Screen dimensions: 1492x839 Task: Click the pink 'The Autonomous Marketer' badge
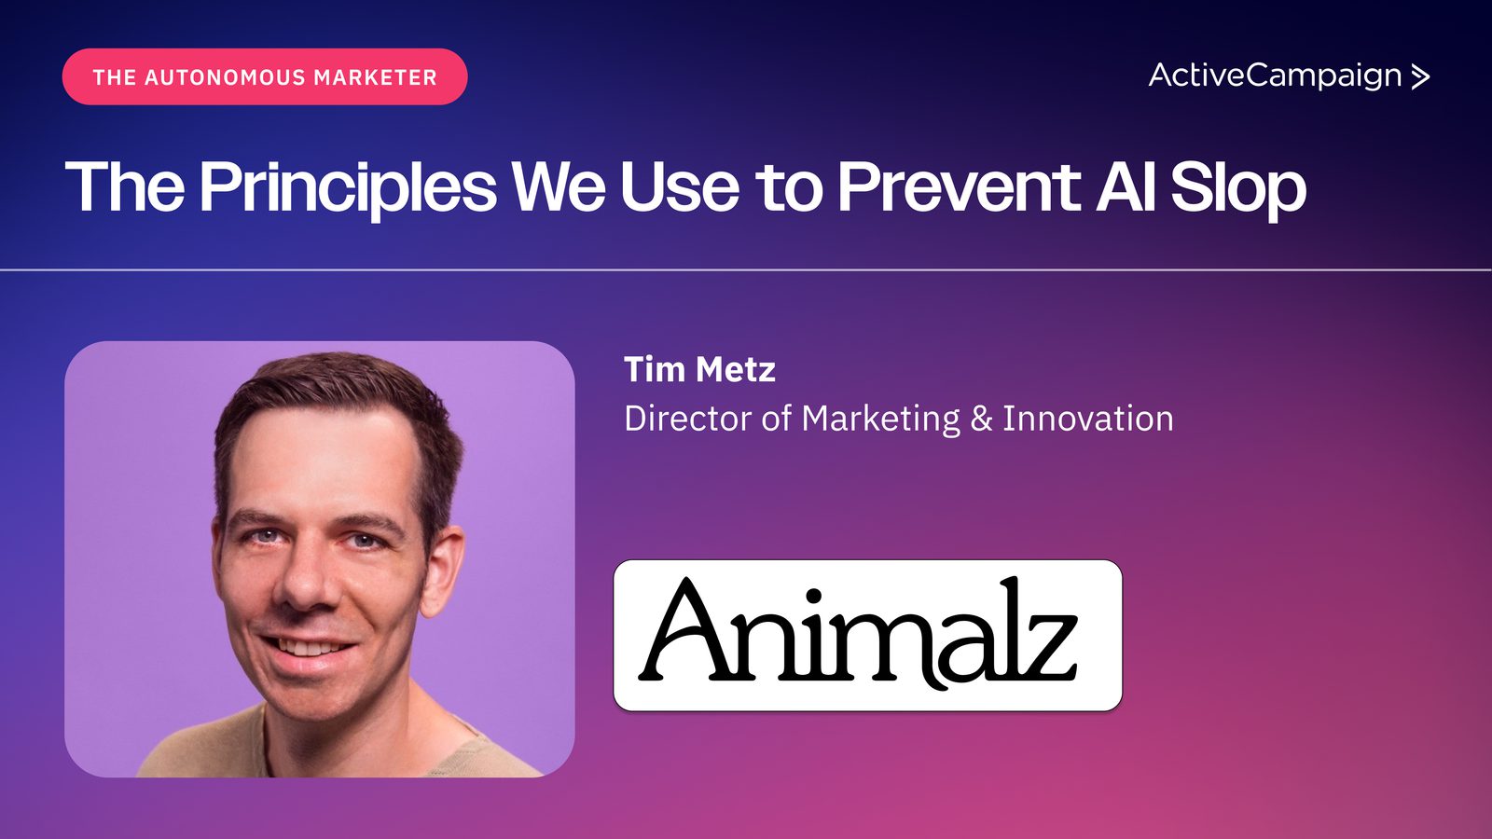(265, 76)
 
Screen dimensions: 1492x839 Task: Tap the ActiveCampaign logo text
(1275, 76)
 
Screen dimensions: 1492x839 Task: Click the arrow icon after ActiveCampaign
(1420, 76)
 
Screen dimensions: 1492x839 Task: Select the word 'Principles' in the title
(348, 187)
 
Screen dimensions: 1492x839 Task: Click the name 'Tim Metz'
(700, 369)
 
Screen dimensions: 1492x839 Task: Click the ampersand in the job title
(981, 419)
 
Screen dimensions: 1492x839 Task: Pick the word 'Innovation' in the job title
(1087, 419)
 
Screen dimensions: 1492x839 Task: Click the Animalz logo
(868, 635)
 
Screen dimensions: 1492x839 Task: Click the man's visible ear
(443, 570)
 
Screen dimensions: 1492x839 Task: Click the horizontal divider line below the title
(746, 269)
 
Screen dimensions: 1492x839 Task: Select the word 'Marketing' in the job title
(880, 419)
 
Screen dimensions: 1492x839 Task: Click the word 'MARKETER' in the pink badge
(376, 77)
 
